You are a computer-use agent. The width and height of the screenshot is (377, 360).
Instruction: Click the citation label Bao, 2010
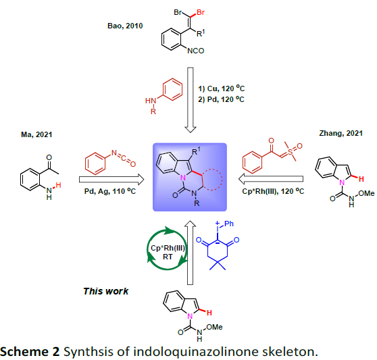[x=125, y=26]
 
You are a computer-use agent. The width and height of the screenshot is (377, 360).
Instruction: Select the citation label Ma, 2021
[x=36, y=134]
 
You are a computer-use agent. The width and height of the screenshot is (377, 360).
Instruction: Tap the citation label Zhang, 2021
[x=341, y=133]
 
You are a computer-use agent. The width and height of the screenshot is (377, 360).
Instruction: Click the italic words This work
[x=106, y=291]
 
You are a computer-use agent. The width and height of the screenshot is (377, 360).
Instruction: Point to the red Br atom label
[x=201, y=12]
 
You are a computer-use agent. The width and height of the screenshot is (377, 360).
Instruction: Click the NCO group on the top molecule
[x=196, y=51]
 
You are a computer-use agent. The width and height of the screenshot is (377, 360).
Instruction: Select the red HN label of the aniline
[x=151, y=101]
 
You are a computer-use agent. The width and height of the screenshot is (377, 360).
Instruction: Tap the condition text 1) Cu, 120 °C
[x=221, y=88]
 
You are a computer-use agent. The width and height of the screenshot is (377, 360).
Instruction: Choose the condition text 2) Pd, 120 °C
[x=221, y=99]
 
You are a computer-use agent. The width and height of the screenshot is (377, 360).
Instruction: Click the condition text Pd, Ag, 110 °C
[x=110, y=191]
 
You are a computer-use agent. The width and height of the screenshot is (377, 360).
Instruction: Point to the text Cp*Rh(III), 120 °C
[x=273, y=191]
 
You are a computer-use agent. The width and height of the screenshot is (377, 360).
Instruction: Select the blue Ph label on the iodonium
[x=228, y=224]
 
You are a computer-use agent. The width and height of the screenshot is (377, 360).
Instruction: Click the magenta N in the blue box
[x=183, y=178]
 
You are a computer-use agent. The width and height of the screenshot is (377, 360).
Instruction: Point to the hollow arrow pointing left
[x=271, y=179]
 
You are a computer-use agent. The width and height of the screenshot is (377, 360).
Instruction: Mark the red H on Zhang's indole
[x=361, y=179]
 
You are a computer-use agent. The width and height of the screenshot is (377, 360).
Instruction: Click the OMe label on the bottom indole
[x=214, y=327]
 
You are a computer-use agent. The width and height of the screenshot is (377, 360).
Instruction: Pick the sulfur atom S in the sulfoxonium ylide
[x=291, y=152]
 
